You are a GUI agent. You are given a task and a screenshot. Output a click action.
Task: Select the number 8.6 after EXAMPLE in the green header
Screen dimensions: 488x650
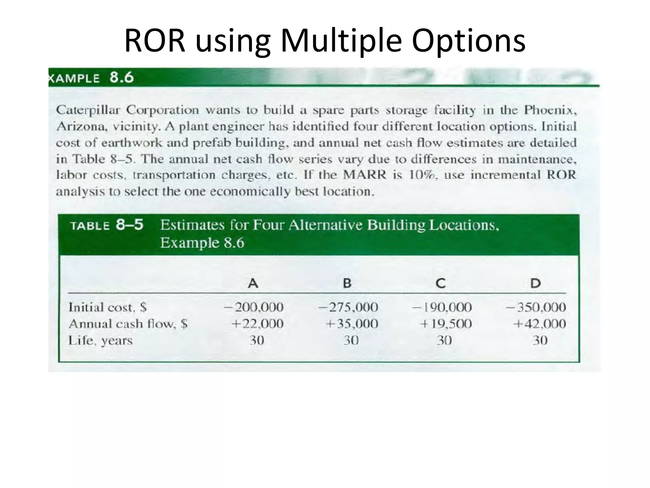[x=122, y=78]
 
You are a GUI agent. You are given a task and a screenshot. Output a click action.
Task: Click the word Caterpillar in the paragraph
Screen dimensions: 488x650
[x=88, y=110]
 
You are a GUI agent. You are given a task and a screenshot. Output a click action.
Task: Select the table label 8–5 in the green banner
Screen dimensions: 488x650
[x=129, y=225]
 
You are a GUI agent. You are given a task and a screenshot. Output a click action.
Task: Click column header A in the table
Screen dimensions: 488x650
[x=253, y=283]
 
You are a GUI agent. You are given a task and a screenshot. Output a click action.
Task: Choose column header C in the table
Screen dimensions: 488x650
[x=440, y=283]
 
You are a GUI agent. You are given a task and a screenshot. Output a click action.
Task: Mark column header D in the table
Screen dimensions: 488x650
[x=535, y=283]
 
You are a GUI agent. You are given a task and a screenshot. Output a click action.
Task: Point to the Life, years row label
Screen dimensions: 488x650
[x=101, y=341]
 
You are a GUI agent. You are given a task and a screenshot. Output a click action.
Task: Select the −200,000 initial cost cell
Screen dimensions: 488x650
[x=254, y=307]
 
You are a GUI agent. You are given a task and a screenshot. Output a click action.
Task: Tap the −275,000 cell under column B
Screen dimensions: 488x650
[x=348, y=307]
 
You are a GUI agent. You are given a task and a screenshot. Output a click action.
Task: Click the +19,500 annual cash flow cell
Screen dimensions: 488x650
[x=446, y=324]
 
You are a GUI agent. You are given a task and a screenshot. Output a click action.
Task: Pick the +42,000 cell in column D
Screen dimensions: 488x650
[x=540, y=324]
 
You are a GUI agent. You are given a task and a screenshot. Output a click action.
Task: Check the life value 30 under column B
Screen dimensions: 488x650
[x=351, y=341]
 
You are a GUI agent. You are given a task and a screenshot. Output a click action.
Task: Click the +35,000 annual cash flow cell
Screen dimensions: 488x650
[x=352, y=324]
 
